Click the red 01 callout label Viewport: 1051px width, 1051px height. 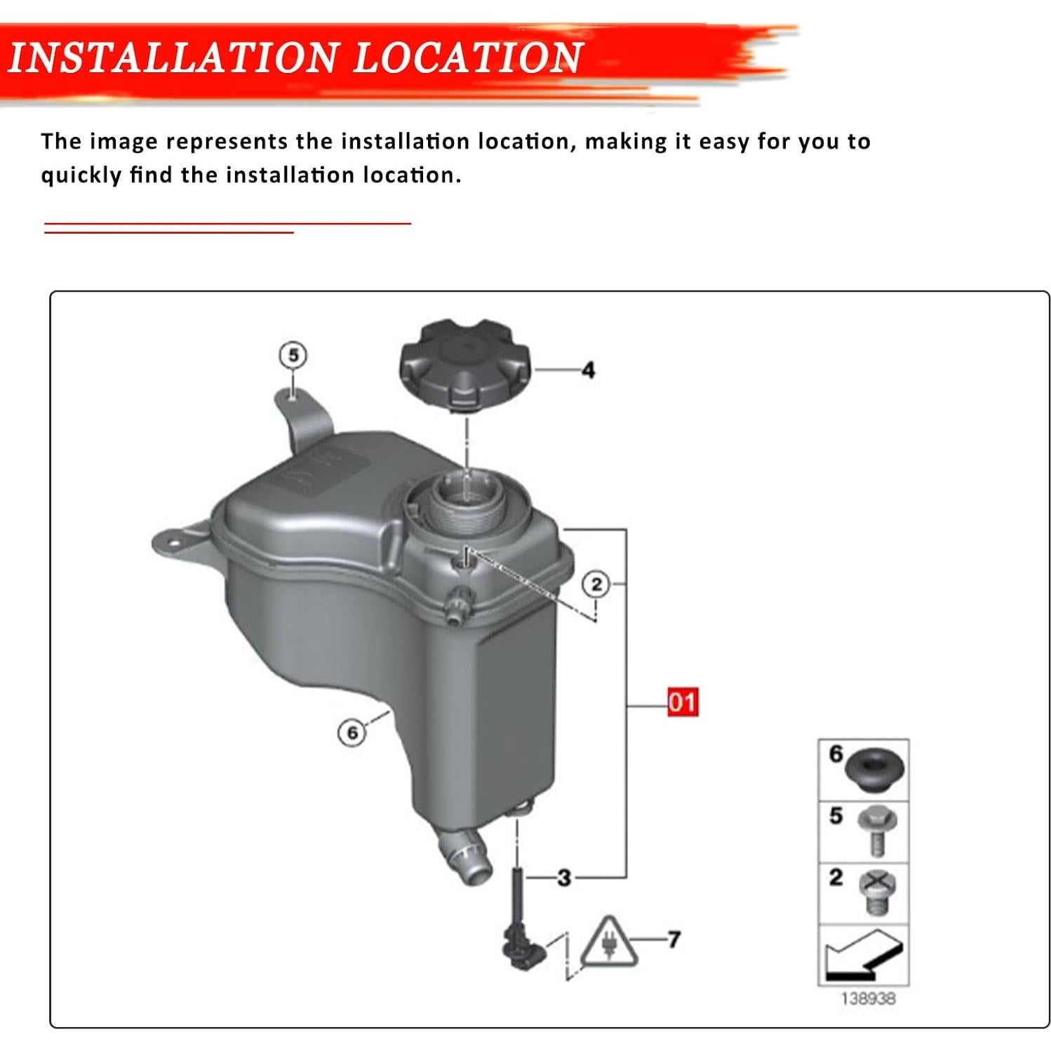682,702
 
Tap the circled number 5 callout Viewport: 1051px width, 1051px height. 293,355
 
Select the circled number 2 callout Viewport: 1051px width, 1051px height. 596,584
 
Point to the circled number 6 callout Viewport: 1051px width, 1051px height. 352,732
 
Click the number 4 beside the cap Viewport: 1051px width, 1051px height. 588,370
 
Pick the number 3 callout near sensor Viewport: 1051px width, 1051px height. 564,877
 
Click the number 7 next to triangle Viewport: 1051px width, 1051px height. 674,939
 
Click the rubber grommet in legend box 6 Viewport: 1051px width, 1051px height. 875,770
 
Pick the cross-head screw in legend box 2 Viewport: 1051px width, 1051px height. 876,891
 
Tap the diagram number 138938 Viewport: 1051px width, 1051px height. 868,998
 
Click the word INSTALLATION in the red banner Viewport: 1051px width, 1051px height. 172,58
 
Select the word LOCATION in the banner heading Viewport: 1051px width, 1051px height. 467,58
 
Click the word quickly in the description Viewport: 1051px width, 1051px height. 81,175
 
